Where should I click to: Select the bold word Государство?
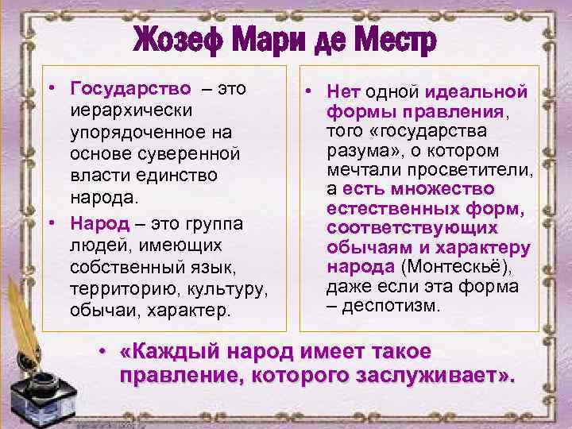coord(130,87)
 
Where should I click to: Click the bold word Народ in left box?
coord(96,219)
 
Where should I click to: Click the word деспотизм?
coord(392,304)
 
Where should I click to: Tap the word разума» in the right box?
coord(354,150)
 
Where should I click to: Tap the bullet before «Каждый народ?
coord(102,350)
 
